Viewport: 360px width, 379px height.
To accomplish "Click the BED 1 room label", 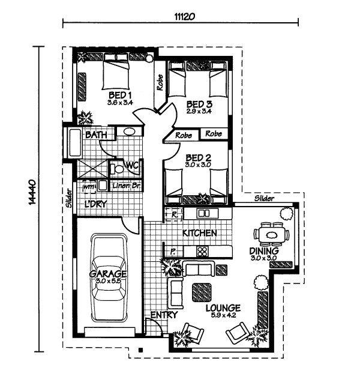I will click(x=120, y=96).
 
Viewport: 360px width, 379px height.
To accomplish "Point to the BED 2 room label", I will click(x=196, y=157).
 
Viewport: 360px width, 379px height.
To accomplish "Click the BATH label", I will click(x=96, y=136).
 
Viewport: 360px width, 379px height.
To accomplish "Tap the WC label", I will click(x=132, y=165).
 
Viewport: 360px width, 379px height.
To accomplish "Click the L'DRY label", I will click(x=95, y=204).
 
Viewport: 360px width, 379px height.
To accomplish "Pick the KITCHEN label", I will click(x=199, y=232).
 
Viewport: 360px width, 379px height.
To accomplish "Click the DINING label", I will click(x=264, y=250).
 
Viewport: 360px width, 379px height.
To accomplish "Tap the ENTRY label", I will click(x=163, y=315).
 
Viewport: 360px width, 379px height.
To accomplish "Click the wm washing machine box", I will click(x=89, y=186).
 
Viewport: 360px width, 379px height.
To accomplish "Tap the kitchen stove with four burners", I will click(x=203, y=252).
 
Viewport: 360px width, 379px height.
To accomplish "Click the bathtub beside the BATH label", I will click(x=74, y=144).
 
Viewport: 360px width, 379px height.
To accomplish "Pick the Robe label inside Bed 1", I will click(x=160, y=82).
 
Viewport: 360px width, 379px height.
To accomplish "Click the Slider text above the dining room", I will click(x=264, y=198).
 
